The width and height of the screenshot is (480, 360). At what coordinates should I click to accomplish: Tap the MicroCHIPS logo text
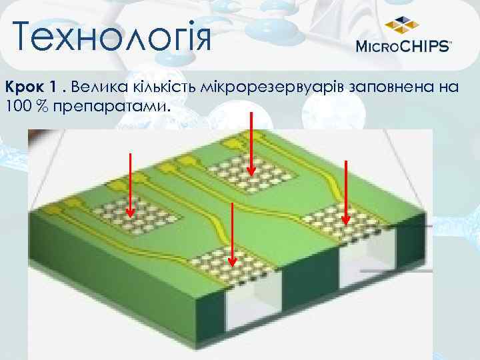[x=404, y=46]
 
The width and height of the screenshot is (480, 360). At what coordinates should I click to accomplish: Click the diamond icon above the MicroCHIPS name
[x=402, y=25]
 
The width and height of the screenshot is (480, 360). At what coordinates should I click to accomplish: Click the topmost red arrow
[x=251, y=143]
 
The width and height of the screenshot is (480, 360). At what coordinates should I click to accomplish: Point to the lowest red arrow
[x=231, y=233]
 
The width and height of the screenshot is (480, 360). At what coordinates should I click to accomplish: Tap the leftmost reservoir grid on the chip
[x=136, y=213]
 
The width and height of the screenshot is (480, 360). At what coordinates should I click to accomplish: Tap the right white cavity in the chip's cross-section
[x=363, y=267]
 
